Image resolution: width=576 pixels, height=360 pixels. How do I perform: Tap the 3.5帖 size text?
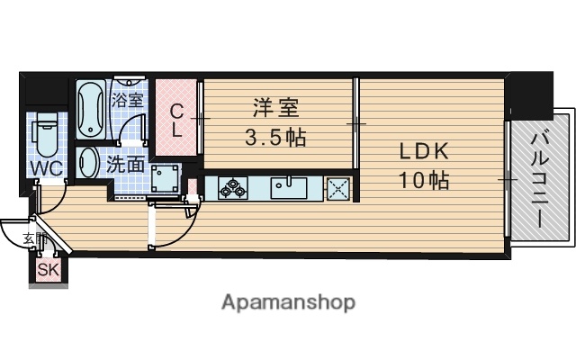[x=275, y=138]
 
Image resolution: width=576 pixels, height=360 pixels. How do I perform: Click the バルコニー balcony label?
[x=541, y=176]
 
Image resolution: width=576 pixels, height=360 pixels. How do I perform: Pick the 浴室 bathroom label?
[x=127, y=99]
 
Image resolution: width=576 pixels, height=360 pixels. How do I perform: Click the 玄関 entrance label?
[x=32, y=238]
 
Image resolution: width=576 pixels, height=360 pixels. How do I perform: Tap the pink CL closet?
[x=177, y=121]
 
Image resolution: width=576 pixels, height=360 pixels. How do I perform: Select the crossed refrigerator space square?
[x=338, y=188]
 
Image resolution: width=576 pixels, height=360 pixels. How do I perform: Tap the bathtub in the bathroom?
[x=91, y=111]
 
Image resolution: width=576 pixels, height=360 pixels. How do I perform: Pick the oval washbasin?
[x=89, y=165]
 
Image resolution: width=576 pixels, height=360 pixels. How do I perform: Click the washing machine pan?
[x=164, y=180]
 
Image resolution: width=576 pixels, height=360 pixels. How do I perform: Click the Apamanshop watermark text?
[x=288, y=301]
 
